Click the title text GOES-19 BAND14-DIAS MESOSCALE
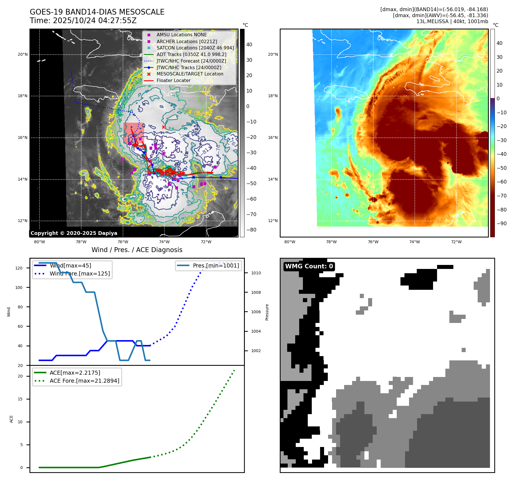coord(97,12)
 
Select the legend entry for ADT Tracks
coord(191,54)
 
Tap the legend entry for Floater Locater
coord(173,81)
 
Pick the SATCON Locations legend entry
coord(195,48)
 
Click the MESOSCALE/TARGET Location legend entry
coord(190,74)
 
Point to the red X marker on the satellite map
coord(164,127)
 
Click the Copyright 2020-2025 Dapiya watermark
coord(74,233)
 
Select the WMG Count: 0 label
coord(309,266)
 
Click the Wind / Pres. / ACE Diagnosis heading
coord(137,250)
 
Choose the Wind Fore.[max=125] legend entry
coord(80,274)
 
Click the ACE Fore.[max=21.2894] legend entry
coord(84,381)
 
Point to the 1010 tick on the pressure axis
coord(256,273)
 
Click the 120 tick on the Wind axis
coord(19,268)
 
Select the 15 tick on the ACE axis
coord(20,399)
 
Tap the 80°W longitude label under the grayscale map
coord(39,242)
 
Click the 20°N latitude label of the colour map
coord(273,54)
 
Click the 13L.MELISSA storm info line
coord(452,21)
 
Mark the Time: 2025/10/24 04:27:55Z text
coord(83,21)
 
